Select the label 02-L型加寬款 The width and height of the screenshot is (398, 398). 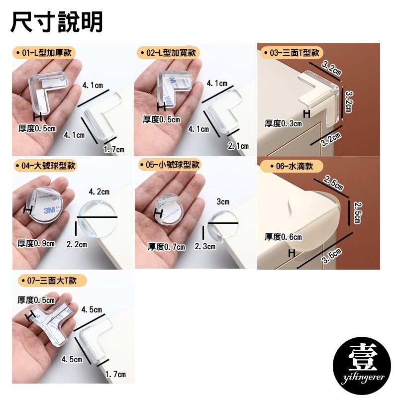[168, 52]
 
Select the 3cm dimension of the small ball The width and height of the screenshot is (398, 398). [223, 201]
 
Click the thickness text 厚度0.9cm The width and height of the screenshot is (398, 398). [36, 243]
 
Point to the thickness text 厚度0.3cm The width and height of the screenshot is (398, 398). [283, 123]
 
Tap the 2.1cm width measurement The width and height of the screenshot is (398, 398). [238, 146]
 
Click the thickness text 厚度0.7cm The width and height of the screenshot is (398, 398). [166, 247]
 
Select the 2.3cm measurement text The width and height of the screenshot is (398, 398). [204, 246]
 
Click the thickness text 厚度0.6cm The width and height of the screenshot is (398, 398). [283, 237]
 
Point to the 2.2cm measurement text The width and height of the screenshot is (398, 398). [76, 244]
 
